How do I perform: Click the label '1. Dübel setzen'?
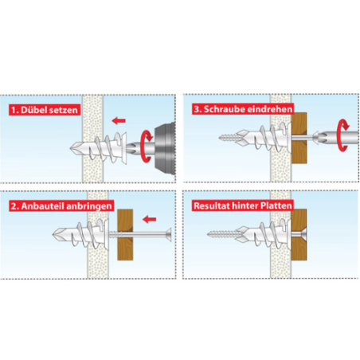45,110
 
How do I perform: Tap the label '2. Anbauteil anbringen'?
61,206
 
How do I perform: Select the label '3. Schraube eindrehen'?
243,109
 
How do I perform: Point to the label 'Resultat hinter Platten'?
243,205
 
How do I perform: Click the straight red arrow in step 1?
119,121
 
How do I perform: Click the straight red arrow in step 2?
149,219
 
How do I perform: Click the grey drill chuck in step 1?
165,148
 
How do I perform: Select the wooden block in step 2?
125,235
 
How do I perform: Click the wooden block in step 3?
299,138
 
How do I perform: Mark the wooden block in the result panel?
299,234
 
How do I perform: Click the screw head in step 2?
168,235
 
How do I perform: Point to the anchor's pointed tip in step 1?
71,148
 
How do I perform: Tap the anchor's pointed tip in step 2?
53,235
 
